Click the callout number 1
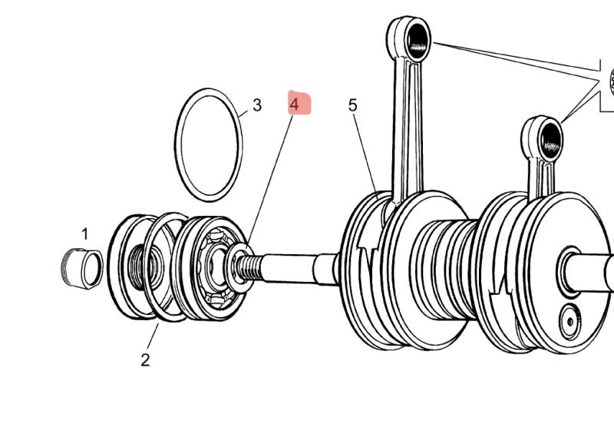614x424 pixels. (x=85, y=234)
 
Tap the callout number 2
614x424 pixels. (x=145, y=359)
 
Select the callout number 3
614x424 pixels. (x=256, y=104)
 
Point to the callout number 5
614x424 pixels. (x=352, y=104)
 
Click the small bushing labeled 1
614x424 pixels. (x=81, y=266)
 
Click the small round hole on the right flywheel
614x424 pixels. (x=569, y=320)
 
